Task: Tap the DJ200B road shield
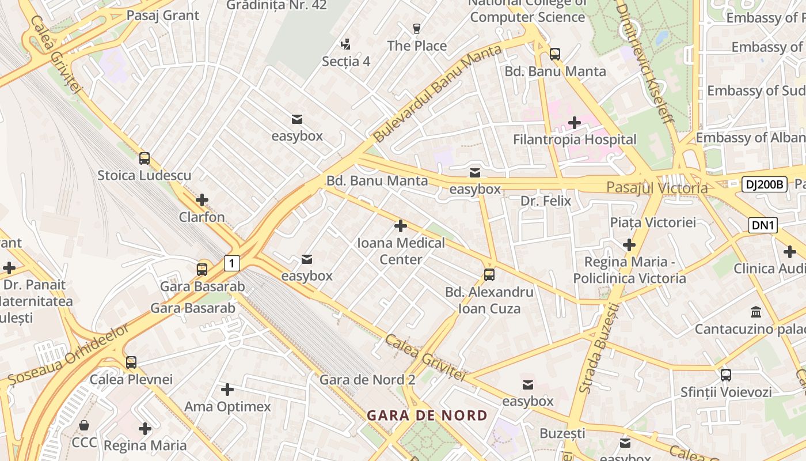pos(763,184)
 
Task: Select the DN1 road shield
pos(763,225)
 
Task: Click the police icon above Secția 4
pos(345,44)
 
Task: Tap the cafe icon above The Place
pos(417,28)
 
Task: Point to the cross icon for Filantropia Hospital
pos(574,122)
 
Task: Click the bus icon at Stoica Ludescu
pos(145,158)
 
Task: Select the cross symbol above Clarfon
pos(201,200)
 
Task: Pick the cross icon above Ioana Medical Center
pos(401,225)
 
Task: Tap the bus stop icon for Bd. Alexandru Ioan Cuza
pos(489,274)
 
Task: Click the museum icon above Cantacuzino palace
pos(756,312)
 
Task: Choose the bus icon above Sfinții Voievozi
pos(725,375)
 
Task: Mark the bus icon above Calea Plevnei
pos(131,362)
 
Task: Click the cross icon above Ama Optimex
pos(227,390)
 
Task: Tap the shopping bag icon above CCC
pos(84,425)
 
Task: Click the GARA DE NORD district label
pos(427,415)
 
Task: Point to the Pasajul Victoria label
pos(657,188)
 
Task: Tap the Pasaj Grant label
pos(162,16)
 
